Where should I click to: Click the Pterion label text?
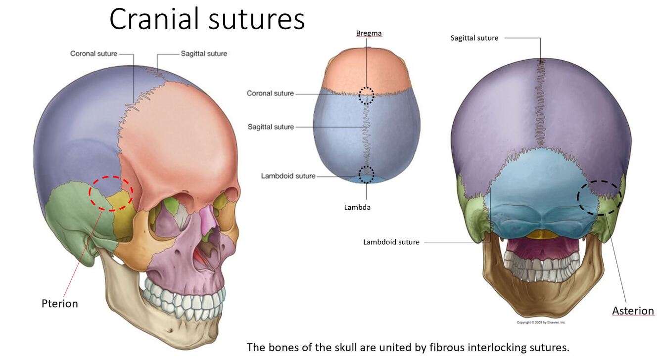59,303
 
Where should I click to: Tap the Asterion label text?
633,311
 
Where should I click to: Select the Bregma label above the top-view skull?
369,33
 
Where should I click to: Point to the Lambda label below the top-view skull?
357,207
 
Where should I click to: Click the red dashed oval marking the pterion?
111,193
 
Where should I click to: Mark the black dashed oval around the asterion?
599,197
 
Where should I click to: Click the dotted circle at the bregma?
366,95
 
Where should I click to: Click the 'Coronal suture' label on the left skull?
94,53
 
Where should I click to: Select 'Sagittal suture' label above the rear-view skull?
474,38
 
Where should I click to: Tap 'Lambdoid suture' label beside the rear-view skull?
391,242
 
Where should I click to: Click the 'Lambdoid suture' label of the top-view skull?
288,176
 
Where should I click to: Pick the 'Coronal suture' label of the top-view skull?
270,93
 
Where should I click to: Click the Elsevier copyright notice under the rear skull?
541,322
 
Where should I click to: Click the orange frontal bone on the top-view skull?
366,69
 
